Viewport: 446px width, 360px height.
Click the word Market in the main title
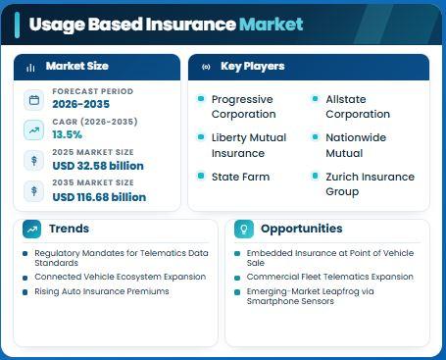click(272, 25)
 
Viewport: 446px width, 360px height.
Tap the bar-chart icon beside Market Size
click(30, 68)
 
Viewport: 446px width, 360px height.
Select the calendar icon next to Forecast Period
click(34, 100)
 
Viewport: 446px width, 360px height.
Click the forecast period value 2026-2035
click(81, 104)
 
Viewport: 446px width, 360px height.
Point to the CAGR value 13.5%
click(68, 134)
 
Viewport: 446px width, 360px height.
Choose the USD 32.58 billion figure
click(98, 166)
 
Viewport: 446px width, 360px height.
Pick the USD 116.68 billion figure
click(99, 197)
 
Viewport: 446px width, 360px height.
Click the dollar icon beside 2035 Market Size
click(34, 191)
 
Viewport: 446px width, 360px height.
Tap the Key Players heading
click(253, 66)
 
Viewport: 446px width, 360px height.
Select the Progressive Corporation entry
click(244, 107)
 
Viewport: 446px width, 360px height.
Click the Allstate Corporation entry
click(358, 107)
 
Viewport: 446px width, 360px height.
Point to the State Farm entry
click(240, 177)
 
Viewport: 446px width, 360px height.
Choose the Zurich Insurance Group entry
click(371, 184)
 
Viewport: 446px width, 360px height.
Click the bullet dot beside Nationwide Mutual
click(315, 137)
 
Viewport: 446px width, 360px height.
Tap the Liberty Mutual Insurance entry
click(249, 145)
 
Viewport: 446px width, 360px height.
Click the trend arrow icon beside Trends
click(32, 230)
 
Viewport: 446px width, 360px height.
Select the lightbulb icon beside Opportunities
click(244, 230)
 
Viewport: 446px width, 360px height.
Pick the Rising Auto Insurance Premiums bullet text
click(102, 291)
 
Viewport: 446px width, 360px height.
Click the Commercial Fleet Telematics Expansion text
click(330, 277)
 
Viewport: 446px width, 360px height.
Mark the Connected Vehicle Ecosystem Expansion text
click(121, 277)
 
